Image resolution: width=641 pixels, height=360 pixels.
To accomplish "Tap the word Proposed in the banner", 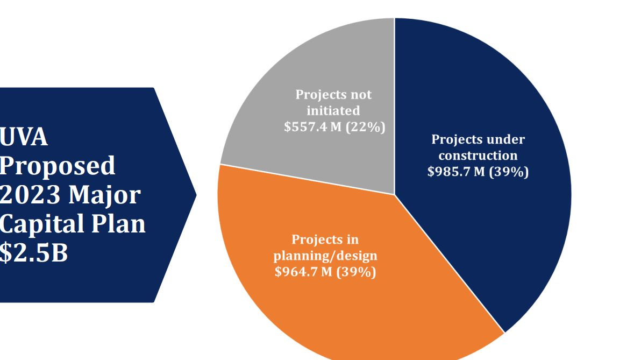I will pos(58,166).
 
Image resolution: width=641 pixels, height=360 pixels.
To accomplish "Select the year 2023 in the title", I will pos(30,194).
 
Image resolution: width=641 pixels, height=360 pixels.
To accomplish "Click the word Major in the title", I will pos(105,194).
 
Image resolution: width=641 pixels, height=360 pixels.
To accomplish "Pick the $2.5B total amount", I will pos(34,252).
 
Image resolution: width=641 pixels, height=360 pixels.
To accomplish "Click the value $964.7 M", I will pos(303,272).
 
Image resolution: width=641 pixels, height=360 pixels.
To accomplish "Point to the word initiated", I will pos(333,111).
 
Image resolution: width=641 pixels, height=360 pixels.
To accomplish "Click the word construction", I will pos(478,156).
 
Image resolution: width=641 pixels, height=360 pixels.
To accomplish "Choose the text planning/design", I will pos(325,256).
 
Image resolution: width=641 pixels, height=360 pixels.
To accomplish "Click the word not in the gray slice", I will pos(361,95).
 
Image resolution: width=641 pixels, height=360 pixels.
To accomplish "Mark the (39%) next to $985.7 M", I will pos(509,172).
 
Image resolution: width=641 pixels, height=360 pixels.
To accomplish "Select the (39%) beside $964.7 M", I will pos(356,272).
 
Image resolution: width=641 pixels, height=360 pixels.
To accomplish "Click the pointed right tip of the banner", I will pos(196,195).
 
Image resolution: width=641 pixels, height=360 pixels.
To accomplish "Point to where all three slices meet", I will pos(395,195).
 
